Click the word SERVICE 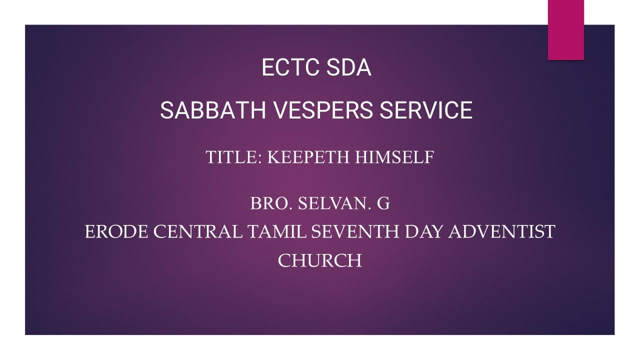[x=426, y=110]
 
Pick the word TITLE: [x=234, y=157]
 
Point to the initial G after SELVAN [x=383, y=203]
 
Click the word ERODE [x=116, y=232]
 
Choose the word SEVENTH [x=355, y=232]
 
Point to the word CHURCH [x=319, y=260]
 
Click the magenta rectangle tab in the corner [x=565, y=30]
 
